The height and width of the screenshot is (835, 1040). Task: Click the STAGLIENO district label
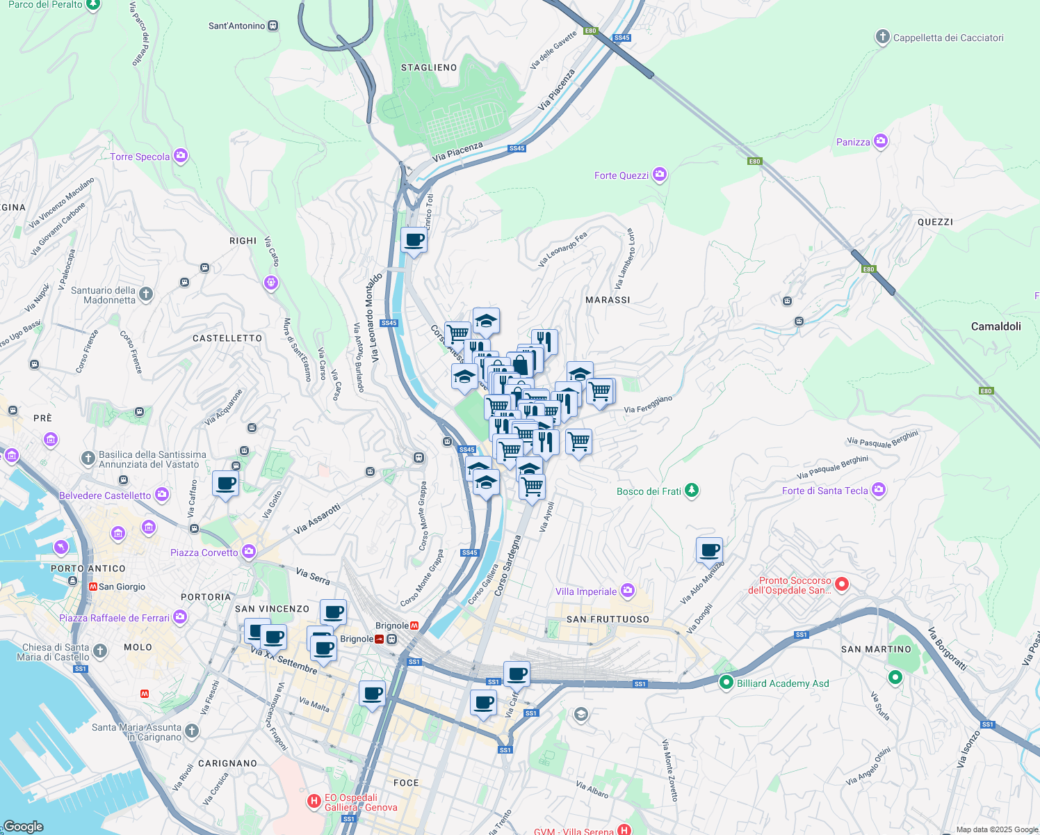[429, 67]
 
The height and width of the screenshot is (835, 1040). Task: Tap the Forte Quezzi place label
[621, 175]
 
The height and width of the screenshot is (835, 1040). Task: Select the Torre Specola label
[140, 157]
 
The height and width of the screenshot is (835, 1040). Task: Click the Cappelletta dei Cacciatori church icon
[882, 38]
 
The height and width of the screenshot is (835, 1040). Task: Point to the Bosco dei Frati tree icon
[691, 491]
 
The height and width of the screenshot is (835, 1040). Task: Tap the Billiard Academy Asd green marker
[726, 683]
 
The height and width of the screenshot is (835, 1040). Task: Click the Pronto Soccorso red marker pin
[842, 584]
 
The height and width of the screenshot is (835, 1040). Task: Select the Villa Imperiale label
[586, 591]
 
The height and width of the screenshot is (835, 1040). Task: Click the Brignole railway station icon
[380, 639]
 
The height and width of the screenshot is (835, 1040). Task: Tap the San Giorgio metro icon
[92, 587]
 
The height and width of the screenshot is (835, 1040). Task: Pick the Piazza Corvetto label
[204, 552]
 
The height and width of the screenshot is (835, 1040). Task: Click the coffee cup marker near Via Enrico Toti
[414, 240]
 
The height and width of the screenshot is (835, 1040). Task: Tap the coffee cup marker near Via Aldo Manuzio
[709, 550]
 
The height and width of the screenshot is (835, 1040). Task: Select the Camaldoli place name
[996, 326]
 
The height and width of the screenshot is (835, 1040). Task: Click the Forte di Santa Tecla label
[824, 491]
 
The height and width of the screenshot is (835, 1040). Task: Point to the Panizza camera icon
[881, 141]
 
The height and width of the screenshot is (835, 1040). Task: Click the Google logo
[23, 826]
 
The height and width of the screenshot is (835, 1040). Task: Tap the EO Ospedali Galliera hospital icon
[314, 802]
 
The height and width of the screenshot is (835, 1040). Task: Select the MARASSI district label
[608, 300]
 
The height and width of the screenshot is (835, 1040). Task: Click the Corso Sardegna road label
[507, 566]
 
